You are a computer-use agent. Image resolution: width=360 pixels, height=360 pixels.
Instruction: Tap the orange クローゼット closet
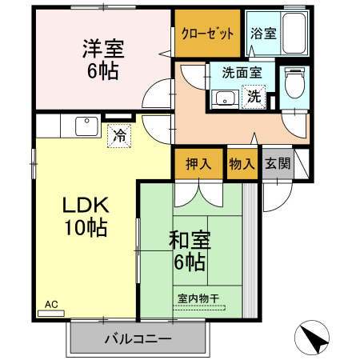point(207,34)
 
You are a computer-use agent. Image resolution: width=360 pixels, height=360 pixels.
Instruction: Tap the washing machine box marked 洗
point(254,97)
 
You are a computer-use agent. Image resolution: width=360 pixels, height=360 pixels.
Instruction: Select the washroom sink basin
point(225,99)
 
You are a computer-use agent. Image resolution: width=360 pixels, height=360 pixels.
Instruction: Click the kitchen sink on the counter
point(85,126)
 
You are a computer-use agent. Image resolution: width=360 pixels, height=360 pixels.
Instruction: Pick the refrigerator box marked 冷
point(119,136)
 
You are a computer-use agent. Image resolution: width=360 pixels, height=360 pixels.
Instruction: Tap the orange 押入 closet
point(198,164)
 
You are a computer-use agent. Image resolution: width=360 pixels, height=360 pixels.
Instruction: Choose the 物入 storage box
point(242,164)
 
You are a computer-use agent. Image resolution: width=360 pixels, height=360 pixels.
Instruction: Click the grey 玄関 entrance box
point(277,164)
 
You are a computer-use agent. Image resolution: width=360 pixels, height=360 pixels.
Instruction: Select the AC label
point(51,304)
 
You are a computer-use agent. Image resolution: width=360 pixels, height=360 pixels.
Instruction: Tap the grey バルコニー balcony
point(137,338)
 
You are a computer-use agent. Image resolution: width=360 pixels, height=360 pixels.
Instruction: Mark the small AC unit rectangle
point(51,313)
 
